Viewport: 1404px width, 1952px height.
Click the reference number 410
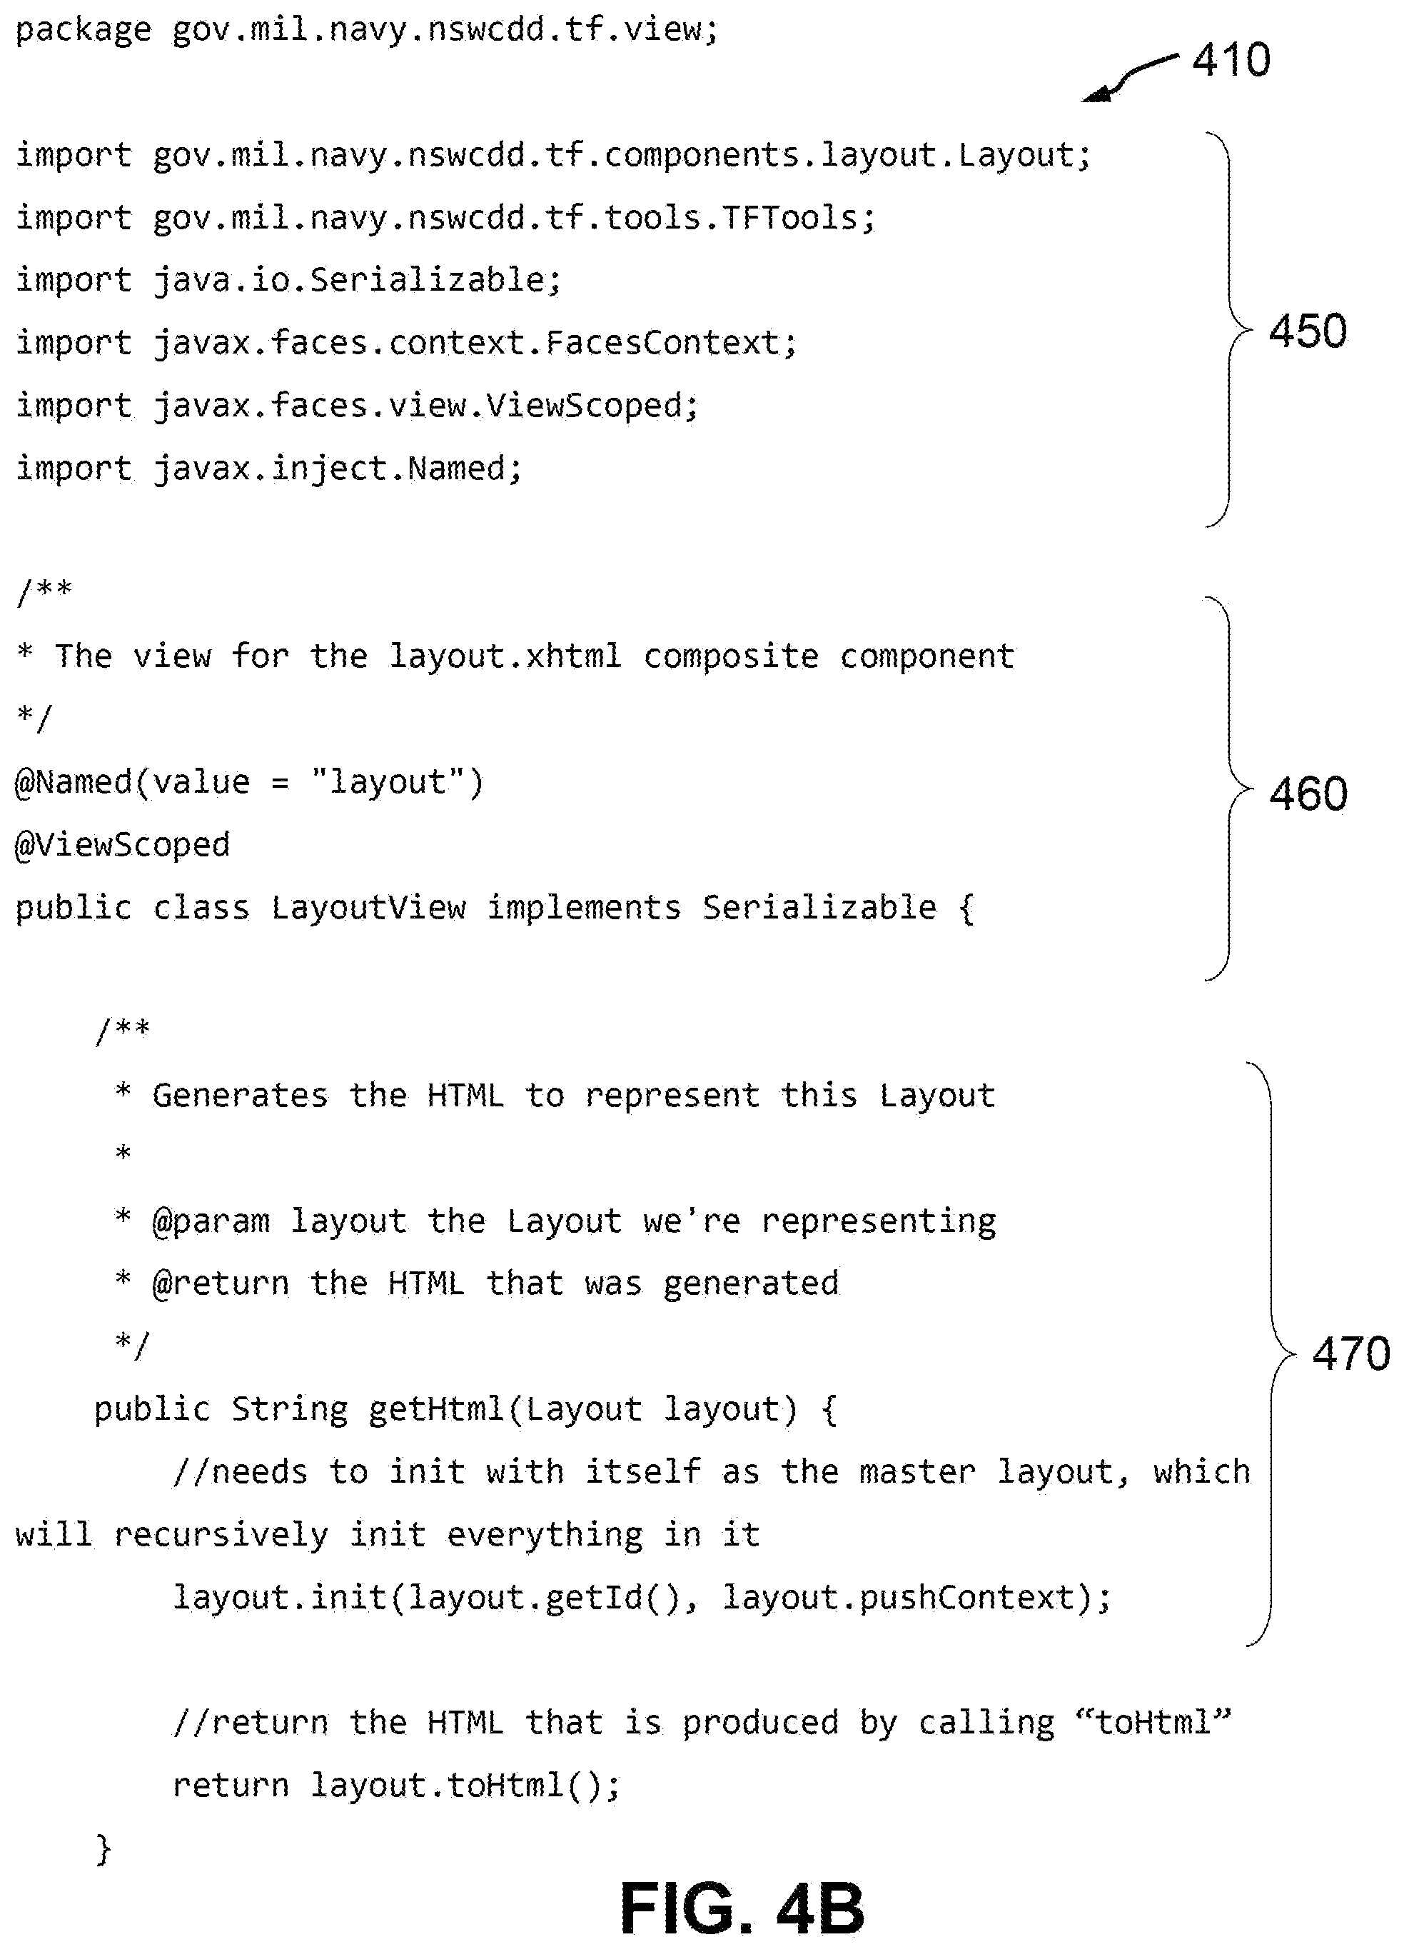(x=1231, y=59)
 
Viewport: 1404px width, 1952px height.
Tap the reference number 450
(x=1308, y=331)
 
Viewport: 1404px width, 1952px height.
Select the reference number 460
(x=1308, y=793)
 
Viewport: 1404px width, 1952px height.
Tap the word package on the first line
(x=84, y=31)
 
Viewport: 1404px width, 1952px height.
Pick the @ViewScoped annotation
(x=123, y=845)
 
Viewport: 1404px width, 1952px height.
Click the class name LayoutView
(x=368, y=908)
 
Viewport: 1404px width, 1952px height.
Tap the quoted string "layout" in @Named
(x=388, y=782)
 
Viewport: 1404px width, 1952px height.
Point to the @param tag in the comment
(x=210, y=1222)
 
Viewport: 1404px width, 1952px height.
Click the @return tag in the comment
(x=221, y=1283)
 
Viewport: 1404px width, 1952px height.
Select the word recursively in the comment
(x=221, y=1536)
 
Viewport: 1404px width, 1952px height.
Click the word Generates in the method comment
(x=240, y=1096)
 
